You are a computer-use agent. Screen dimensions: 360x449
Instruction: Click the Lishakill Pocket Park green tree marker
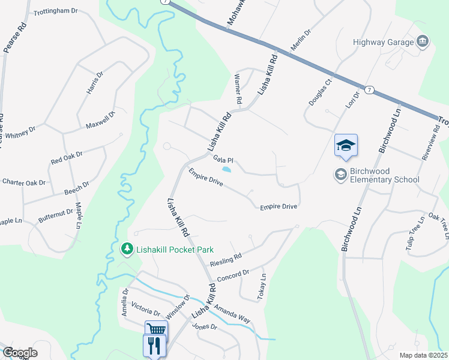point(126,248)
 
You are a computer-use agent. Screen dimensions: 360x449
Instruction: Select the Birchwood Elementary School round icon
point(340,174)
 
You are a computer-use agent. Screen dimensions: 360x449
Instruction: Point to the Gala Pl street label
point(223,160)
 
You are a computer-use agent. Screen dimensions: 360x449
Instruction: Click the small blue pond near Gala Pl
point(226,170)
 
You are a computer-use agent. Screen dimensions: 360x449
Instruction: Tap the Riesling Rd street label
point(226,260)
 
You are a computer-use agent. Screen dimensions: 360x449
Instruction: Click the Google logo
point(19,353)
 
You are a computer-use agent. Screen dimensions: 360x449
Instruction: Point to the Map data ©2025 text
point(423,355)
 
